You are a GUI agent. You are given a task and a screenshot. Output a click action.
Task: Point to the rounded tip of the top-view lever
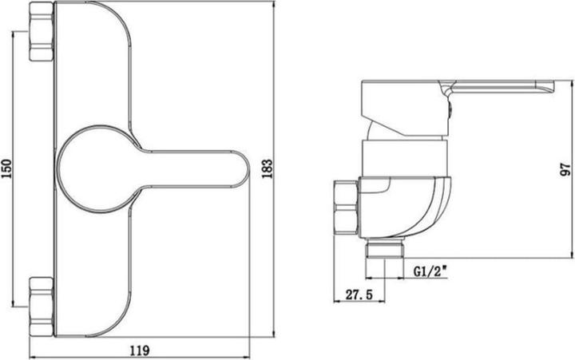pyautogui.click(x=240, y=169)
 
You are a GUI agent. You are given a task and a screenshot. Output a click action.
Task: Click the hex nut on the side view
pyautogui.click(x=346, y=204)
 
